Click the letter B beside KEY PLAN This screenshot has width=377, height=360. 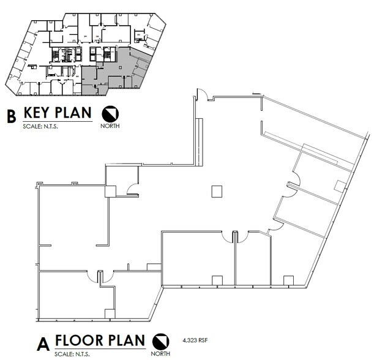click(x=10, y=116)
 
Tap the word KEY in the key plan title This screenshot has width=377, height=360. click(x=40, y=113)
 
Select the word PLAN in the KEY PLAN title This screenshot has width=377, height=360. click(x=75, y=113)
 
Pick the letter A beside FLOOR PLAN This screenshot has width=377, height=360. click(x=43, y=343)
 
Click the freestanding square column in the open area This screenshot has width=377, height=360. click(x=216, y=192)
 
